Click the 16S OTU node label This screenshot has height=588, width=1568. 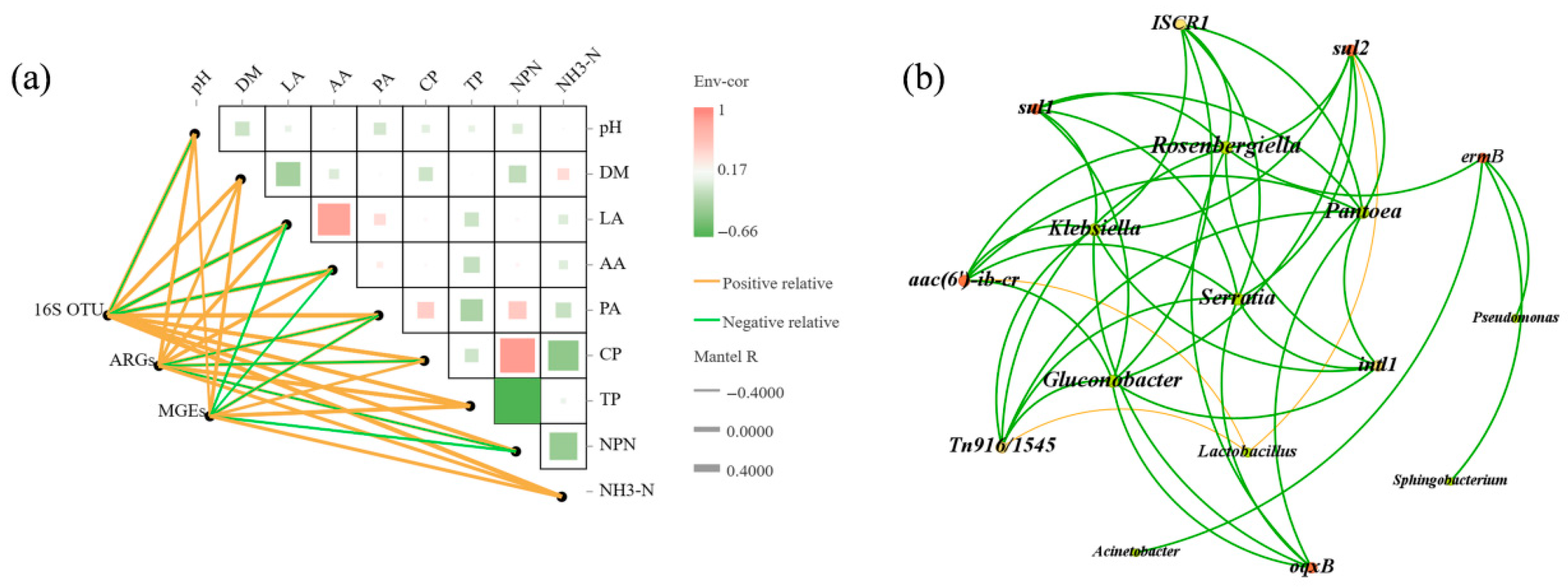click(68, 310)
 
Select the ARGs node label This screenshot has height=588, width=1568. click(130, 361)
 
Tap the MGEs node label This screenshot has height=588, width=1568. click(181, 412)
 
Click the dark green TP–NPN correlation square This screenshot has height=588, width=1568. click(517, 401)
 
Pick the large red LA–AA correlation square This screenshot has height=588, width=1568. click(333, 219)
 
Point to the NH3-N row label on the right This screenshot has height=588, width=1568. click(627, 490)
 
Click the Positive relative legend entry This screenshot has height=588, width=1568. click(776, 283)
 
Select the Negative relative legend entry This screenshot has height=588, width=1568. click(780, 322)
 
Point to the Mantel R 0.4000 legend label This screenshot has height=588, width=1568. click(749, 471)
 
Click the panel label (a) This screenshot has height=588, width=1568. click(31, 80)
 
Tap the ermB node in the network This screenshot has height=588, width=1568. click(1483, 157)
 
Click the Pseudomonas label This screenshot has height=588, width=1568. click(1515, 318)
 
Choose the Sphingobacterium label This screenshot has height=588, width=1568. click(1450, 480)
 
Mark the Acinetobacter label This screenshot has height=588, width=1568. click(1135, 551)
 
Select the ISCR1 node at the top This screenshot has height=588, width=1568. click(1180, 23)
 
